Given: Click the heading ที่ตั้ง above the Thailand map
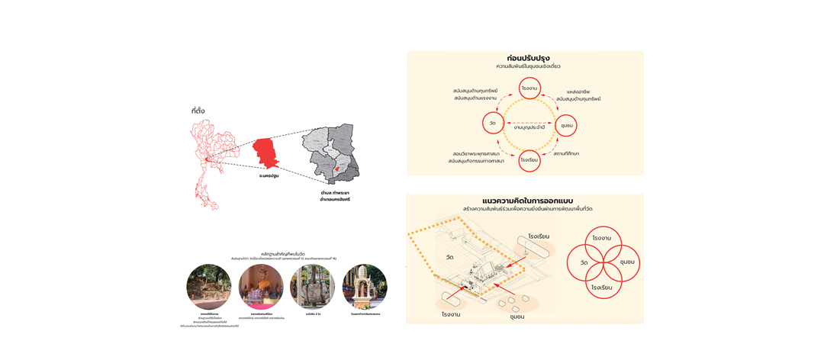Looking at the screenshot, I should tap(198, 111).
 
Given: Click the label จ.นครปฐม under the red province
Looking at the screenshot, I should tap(269, 176).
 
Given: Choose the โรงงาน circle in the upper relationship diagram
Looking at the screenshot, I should tap(529, 88).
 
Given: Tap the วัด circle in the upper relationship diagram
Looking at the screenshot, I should tap(493, 124).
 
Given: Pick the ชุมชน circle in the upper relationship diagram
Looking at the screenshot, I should tap(566, 124).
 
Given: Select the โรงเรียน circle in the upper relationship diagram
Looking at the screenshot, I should tap(529, 160).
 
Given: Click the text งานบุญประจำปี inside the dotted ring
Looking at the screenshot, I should tap(529, 128).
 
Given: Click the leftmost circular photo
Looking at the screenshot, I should tap(208, 287).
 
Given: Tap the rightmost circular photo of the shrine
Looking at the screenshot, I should tap(365, 287).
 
